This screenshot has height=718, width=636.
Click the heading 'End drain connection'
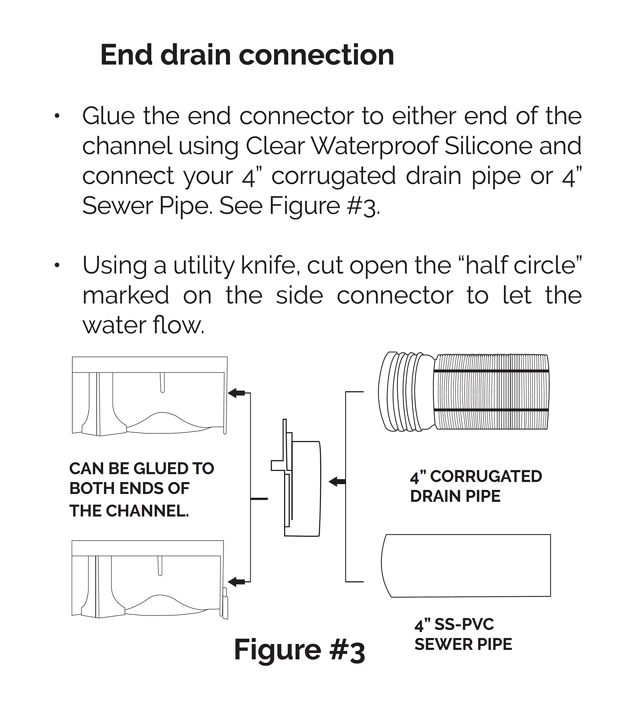(x=247, y=55)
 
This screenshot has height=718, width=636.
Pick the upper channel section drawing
(x=149, y=396)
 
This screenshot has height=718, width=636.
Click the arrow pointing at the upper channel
(x=236, y=393)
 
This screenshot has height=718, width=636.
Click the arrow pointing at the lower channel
(x=236, y=582)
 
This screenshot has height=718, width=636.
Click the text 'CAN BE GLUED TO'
(x=141, y=469)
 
